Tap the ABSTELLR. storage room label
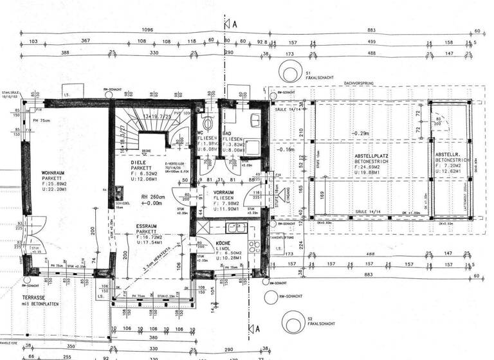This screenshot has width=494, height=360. [x=448, y=156]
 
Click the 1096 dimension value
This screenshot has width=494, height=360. [x=147, y=30]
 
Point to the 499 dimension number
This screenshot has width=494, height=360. [x=371, y=41]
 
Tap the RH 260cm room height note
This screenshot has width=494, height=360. [x=154, y=197]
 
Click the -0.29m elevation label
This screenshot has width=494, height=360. [x=360, y=134]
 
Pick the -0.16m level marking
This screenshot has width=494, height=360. [x=284, y=148]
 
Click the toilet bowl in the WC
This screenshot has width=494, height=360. [x=206, y=122]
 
